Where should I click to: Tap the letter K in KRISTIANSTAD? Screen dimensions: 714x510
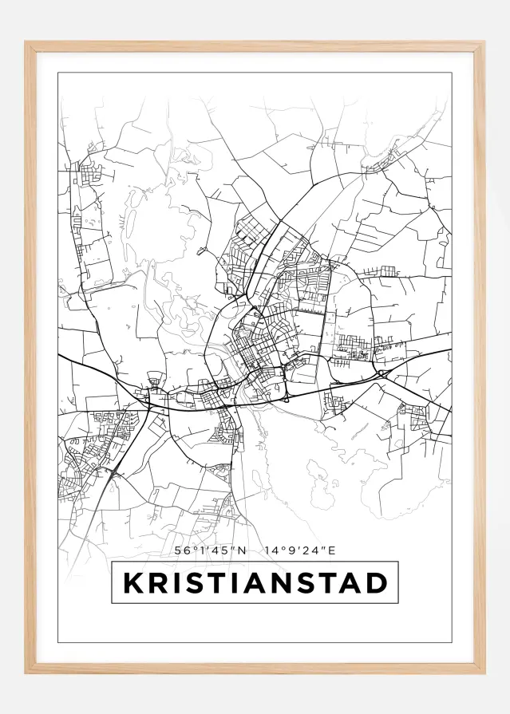(132, 583)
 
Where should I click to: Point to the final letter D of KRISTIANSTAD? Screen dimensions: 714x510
(376, 583)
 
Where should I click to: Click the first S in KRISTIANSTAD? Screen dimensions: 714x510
(189, 583)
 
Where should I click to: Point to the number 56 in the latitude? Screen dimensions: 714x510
(180, 550)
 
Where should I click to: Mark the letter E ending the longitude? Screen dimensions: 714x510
(334, 550)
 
